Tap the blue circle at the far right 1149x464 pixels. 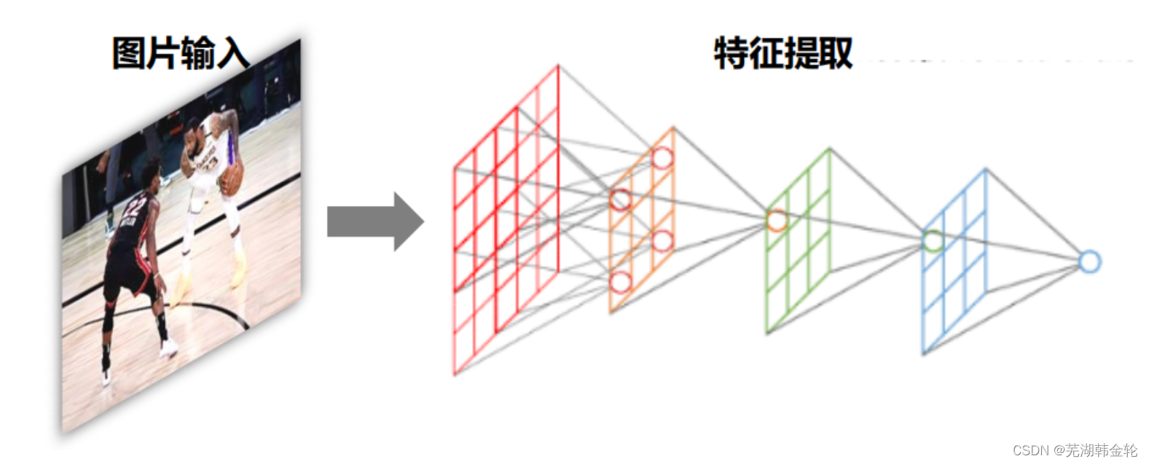(x=1089, y=262)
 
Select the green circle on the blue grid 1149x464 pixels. (x=933, y=240)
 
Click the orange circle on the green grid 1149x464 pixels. (x=777, y=220)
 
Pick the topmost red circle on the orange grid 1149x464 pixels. (x=662, y=157)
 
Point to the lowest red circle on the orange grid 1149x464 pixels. (x=619, y=282)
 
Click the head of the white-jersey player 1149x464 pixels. (x=192, y=130)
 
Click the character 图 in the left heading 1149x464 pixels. (x=128, y=53)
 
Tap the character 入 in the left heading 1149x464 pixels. (x=232, y=53)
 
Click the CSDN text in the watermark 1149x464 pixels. (x=1030, y=450)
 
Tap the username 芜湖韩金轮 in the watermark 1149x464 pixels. (x=1101, y=450)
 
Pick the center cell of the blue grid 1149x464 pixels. (x=954, y=262)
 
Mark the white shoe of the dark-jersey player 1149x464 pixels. (x=168, y=348)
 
